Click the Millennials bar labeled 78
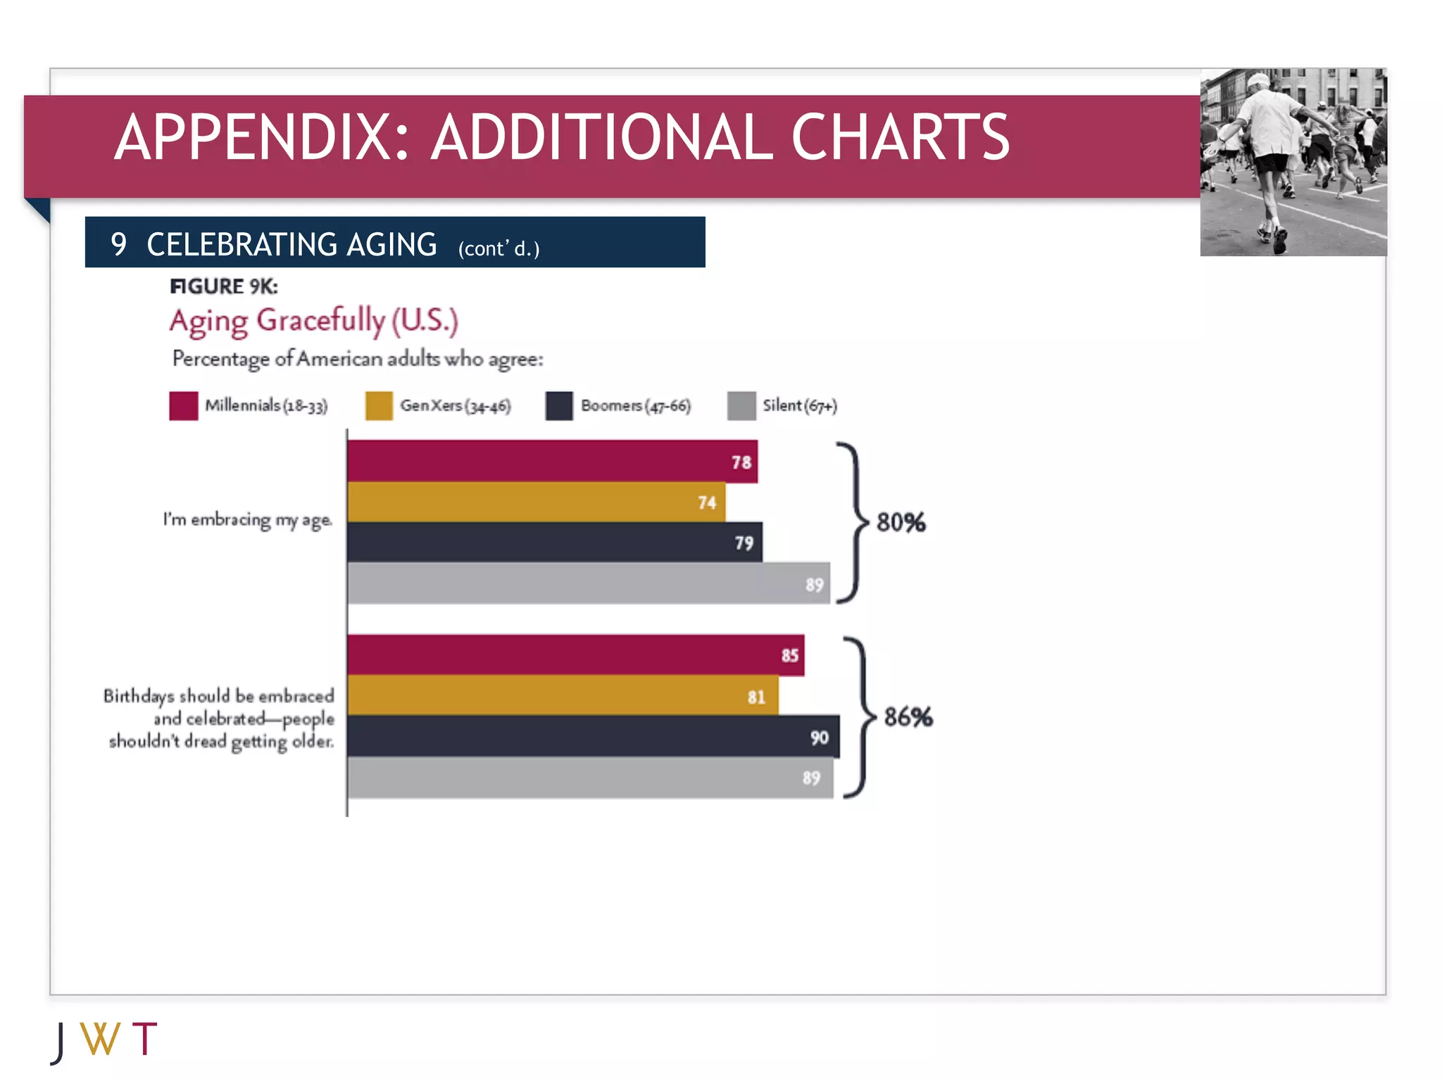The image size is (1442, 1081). pos(552,461)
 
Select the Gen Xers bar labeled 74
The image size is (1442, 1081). pos(536,502)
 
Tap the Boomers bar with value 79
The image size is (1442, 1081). pos(554,542)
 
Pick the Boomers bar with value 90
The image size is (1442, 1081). pos(593,736)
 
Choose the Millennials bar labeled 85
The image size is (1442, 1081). pos(575,655)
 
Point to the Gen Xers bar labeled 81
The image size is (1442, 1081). pos(563,695)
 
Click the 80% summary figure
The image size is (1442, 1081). pos(901,522)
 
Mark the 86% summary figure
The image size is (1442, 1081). pos(908,717)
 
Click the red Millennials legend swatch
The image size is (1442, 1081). pos(183,406)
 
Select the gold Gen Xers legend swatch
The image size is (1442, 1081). pos(379,406)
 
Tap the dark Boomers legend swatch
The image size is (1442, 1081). pos(559,406)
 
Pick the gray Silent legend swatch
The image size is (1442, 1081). pos(741,406)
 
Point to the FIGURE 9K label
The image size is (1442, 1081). pos(224,286)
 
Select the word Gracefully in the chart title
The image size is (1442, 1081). pos(320,321)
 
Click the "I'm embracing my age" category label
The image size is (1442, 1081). pos(247,519)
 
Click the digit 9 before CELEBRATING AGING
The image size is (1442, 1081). pos(118,244)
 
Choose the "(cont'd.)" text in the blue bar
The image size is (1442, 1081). pos(499,248)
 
